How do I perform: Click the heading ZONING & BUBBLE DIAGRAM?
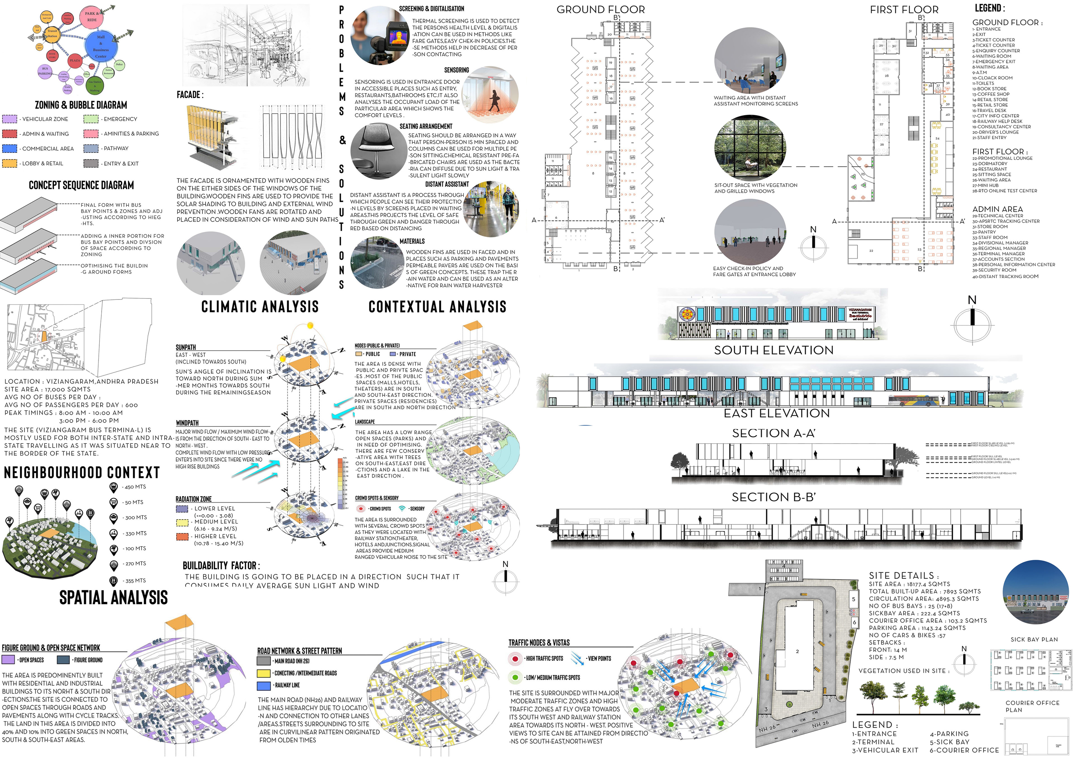pyautogui.click(x=81, y=105)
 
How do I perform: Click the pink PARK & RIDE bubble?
pyautogui.click(x=92, y=17)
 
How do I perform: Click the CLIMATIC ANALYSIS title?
pyautogui.click(x=260, y=307)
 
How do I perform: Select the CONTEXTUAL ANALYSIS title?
pyautogui.click(x=437, y=307)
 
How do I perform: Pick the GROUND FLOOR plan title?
pyautogui.click(x=600, y=9)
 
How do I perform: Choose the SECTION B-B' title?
pyautogui.click(x=773, y=497)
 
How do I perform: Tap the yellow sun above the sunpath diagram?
pyautogui.click(x=310, y=325)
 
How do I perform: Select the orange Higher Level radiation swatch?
pyautogui.click(x=182, y=536)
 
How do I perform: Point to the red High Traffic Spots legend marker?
pyautogui.click(x=515, y=658)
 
